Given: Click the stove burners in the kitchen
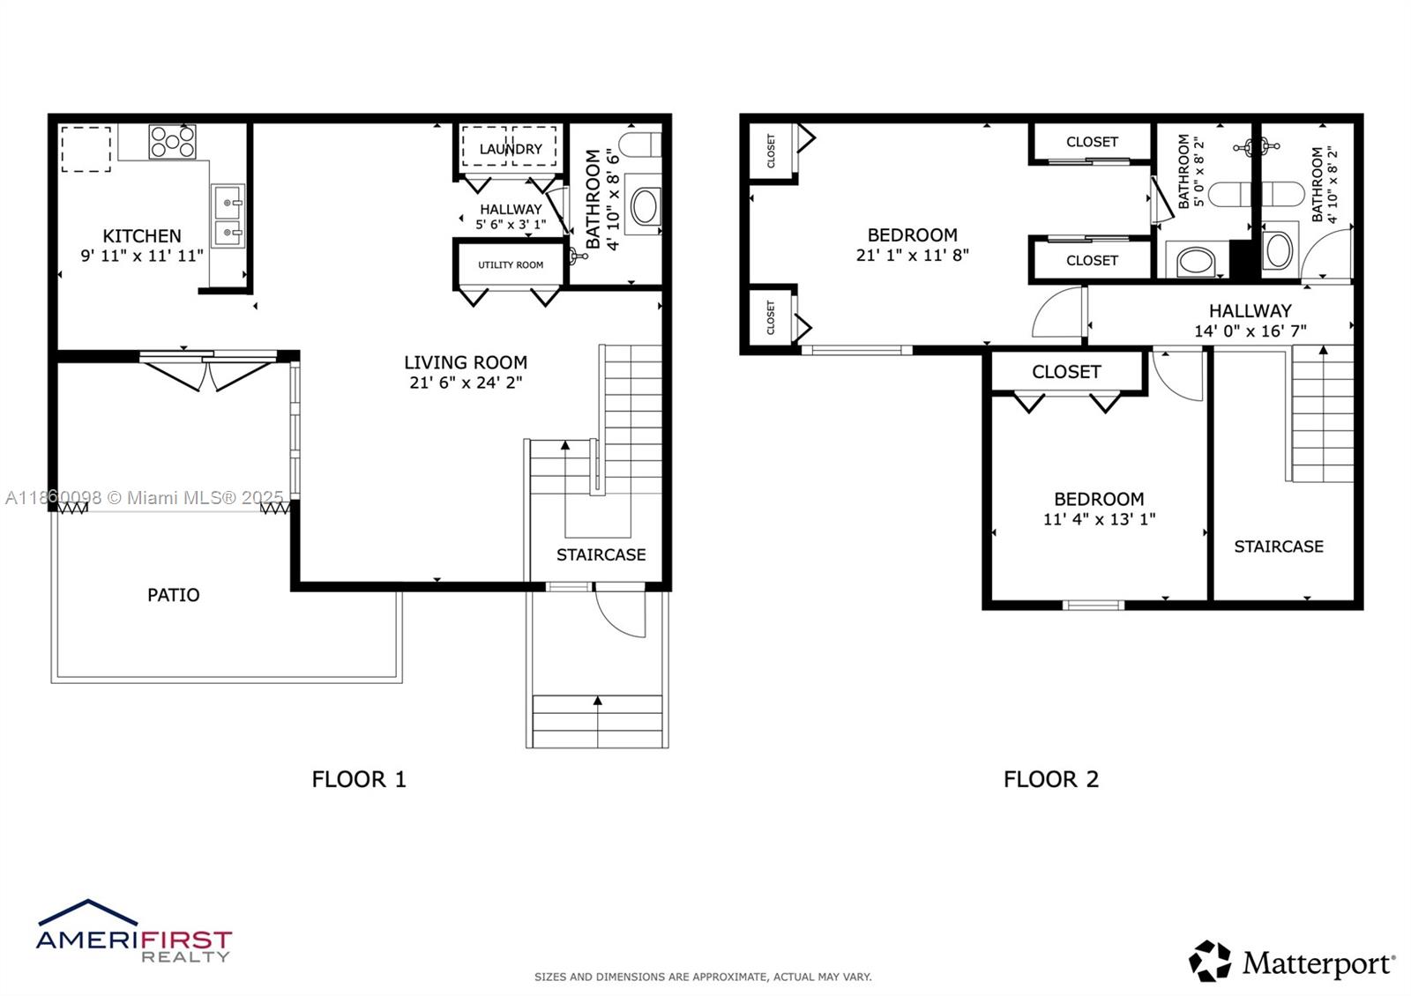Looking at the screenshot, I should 172,142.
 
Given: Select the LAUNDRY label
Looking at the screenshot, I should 511,149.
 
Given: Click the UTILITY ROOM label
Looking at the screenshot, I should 511,264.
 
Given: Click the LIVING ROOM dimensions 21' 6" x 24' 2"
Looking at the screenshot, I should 466,383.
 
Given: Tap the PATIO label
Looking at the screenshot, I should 173,595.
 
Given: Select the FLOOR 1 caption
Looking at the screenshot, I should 359,779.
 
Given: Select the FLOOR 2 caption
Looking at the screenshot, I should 1051,779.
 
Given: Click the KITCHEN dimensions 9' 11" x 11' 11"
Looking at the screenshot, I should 142,256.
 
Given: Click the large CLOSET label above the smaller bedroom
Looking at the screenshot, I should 1066,372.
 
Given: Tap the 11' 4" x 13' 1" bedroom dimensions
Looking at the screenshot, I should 1099,519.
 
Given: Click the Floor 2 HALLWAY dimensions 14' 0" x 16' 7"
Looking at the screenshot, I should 1250,331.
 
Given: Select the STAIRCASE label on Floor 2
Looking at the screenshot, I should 1278,546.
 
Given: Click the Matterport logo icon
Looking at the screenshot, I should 1209,961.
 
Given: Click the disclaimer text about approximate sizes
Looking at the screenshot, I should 702,977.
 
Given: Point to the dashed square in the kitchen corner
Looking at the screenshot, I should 86,149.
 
